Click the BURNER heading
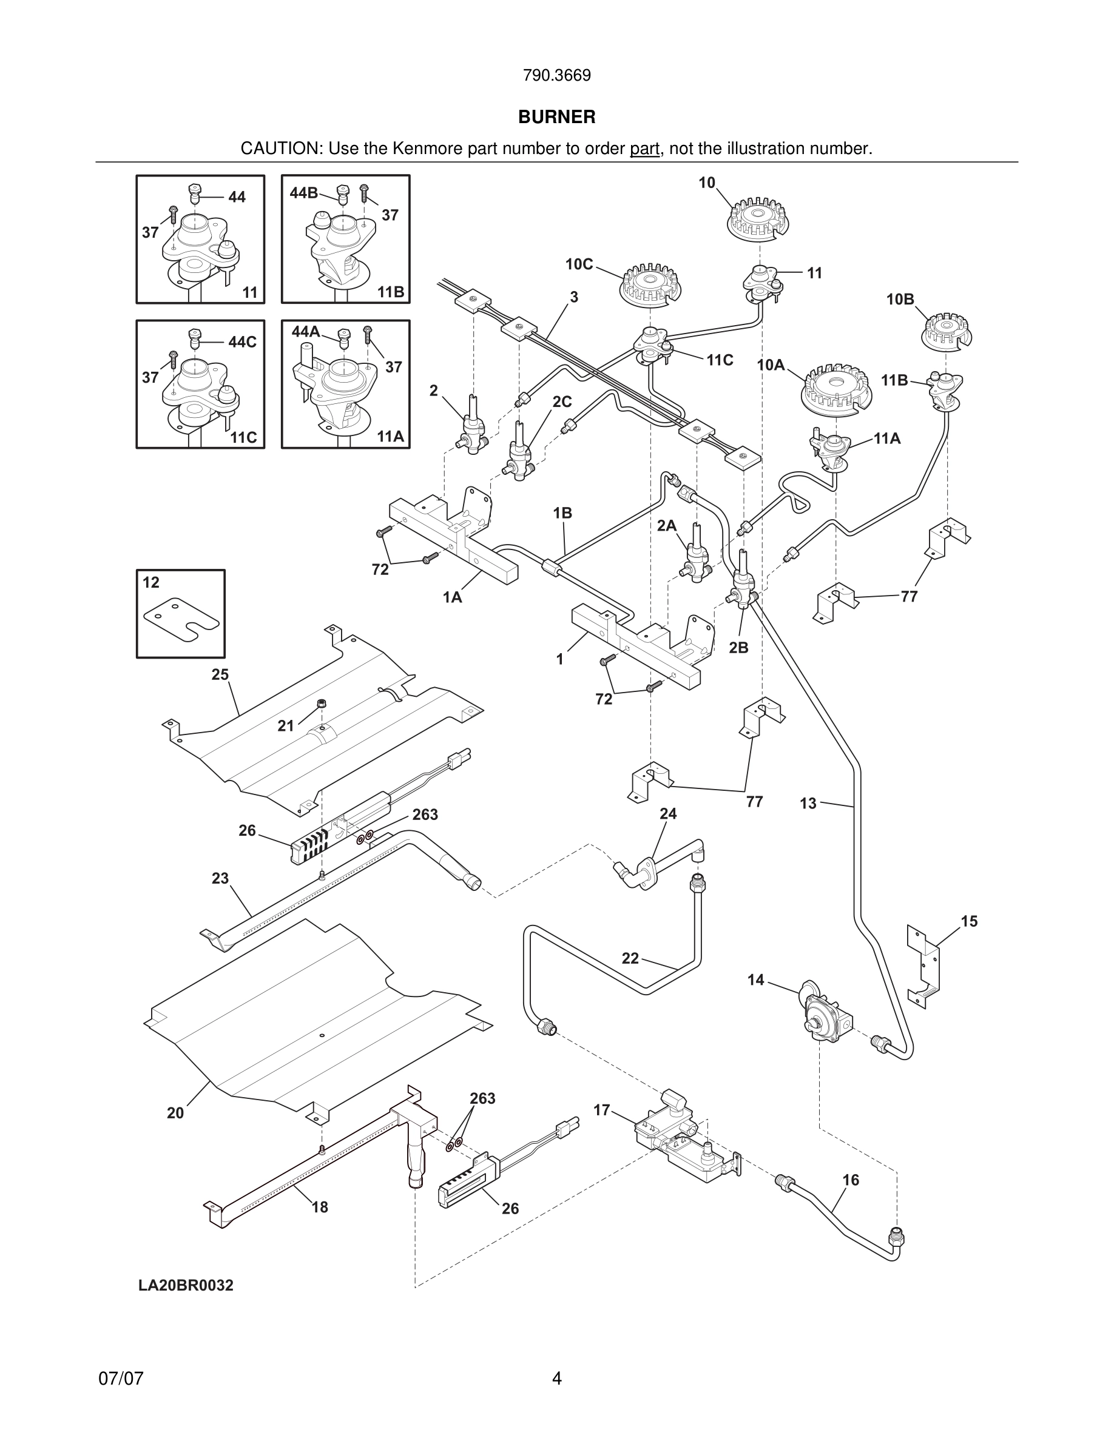(556, 117)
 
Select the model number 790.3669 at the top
(556, 76)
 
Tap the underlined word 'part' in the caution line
(645, 149)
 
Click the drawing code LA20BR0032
(186, 1285)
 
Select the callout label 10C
(579, 264)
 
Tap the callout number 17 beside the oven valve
(601, 1110)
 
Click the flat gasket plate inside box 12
(181, 618)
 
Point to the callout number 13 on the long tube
(808, 803)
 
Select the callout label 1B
(562, 512)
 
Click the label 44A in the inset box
(306, 331)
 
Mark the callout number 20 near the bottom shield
(175, 1113)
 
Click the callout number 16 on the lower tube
(851, 1180)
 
